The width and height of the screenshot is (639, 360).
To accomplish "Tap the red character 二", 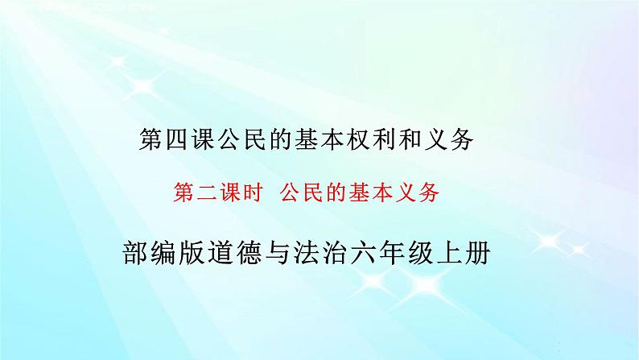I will click(204, 192).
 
